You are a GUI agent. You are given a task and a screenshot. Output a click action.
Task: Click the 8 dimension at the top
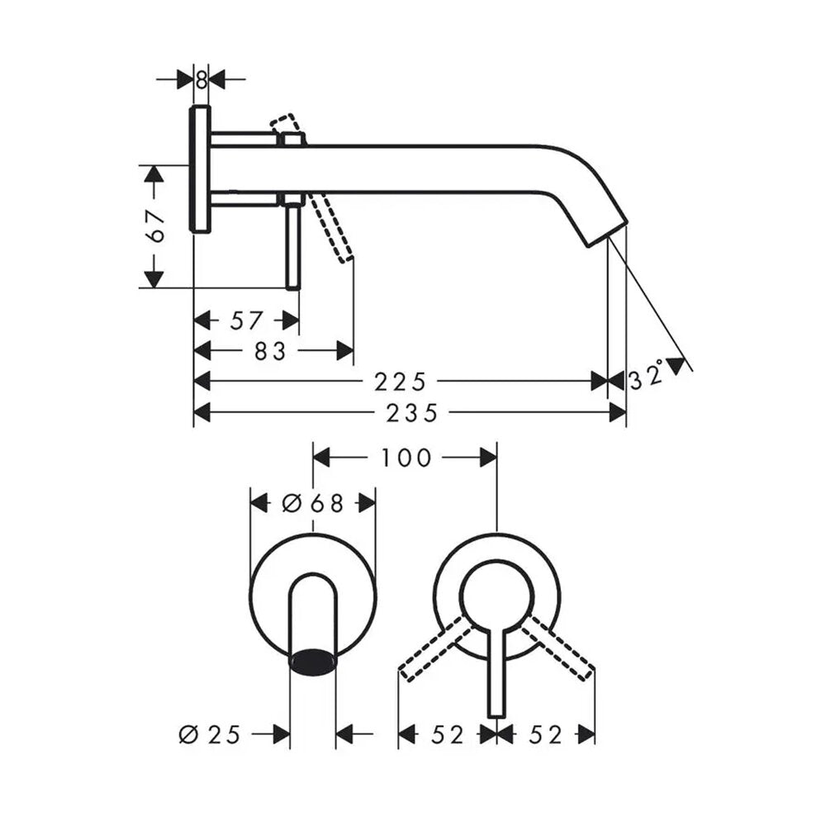coord(202,80)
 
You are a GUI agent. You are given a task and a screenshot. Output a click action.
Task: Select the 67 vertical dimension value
coord(155,226)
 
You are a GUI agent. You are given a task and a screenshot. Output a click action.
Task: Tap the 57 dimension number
coord(246,320)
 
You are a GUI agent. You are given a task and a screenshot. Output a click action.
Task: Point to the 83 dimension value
coord(270,351)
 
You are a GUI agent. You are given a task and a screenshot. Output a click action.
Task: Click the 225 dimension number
coord(400,382)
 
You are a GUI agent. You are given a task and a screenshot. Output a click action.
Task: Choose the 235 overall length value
coord(412,414)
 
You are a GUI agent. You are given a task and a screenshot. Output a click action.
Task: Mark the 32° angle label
coord(647,376)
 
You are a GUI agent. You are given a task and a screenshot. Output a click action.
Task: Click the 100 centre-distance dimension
coord(406,458)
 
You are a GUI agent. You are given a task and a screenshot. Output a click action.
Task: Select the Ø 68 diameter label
coord(313,504)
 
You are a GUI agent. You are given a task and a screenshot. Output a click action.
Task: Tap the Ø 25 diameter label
coord(210,734)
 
